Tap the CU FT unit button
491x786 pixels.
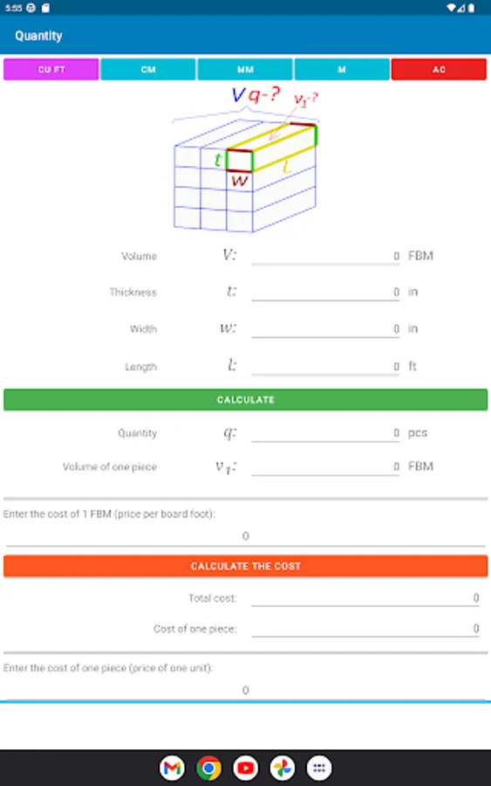tap(51, 70)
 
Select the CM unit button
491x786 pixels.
tap(147, 70)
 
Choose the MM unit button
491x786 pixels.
tap(245, 70)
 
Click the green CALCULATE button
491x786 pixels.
tap(245, 399)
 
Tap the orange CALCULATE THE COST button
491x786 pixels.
tap(245, 566)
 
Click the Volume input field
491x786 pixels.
tap(325, 256)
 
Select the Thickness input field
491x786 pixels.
tap(325, 292)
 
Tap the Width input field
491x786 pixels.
tap(325, 329)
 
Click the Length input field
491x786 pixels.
tap(325, 366)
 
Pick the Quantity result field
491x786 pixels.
tap(325, 432)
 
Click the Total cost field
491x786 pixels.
tap(365, 597)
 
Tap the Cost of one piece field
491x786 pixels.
tap(365, 629)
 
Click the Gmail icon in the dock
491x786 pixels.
tap(172, 768)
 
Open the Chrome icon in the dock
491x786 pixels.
tap(208, 768)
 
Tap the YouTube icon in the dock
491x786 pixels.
tap(245, 768)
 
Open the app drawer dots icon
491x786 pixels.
tap(319, 768)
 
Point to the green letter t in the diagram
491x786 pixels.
tap(218, 160)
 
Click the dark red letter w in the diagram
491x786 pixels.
tap(240, 180)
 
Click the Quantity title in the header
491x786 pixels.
tap(38, 36)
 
